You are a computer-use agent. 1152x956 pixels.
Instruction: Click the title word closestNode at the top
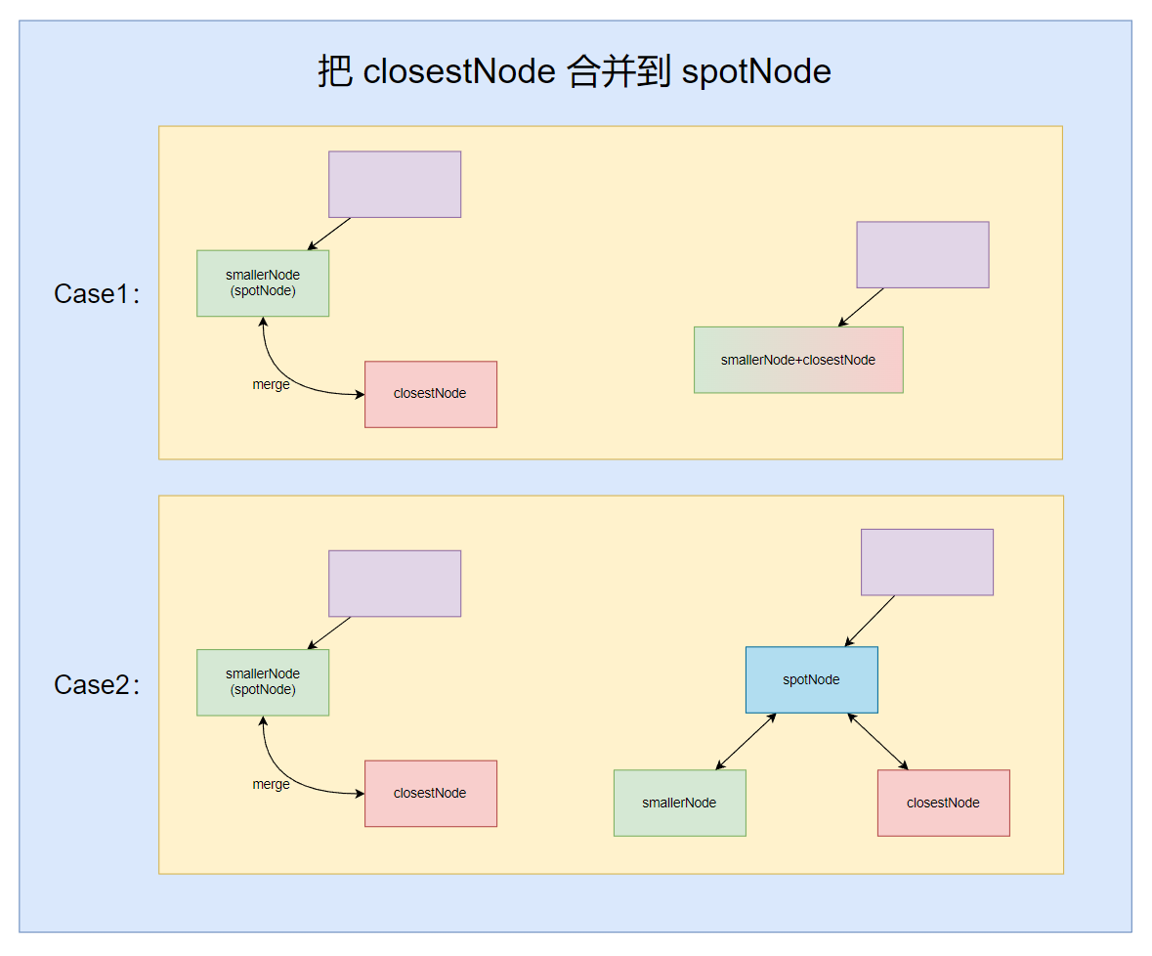459,71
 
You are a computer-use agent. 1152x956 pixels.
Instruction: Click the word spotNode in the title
756,71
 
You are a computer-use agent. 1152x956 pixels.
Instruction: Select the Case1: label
98,294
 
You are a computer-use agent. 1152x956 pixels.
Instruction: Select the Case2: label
98,685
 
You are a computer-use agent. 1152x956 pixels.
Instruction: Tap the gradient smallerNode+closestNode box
798,360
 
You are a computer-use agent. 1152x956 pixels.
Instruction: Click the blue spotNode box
811,679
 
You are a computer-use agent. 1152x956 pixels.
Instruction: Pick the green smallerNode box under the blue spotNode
679,803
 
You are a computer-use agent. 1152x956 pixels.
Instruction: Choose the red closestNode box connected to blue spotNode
943,803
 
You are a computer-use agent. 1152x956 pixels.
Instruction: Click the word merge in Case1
271,385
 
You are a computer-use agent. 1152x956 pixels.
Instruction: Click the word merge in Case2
271,784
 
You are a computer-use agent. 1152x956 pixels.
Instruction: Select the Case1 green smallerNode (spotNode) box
263,283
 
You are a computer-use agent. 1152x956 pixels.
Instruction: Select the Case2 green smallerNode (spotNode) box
263,682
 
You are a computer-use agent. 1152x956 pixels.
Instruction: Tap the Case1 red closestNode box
430,394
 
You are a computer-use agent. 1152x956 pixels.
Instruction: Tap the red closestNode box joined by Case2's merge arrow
430,793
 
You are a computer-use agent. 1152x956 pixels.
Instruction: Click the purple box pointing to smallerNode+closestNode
922,254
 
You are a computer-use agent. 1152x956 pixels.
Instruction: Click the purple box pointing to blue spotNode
926,562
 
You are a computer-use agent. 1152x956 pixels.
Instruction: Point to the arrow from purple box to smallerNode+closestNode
861,307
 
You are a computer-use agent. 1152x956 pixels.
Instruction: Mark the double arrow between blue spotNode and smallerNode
746,741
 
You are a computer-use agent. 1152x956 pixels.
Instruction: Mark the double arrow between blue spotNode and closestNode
877,741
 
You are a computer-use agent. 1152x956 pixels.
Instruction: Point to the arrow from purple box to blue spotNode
870,621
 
